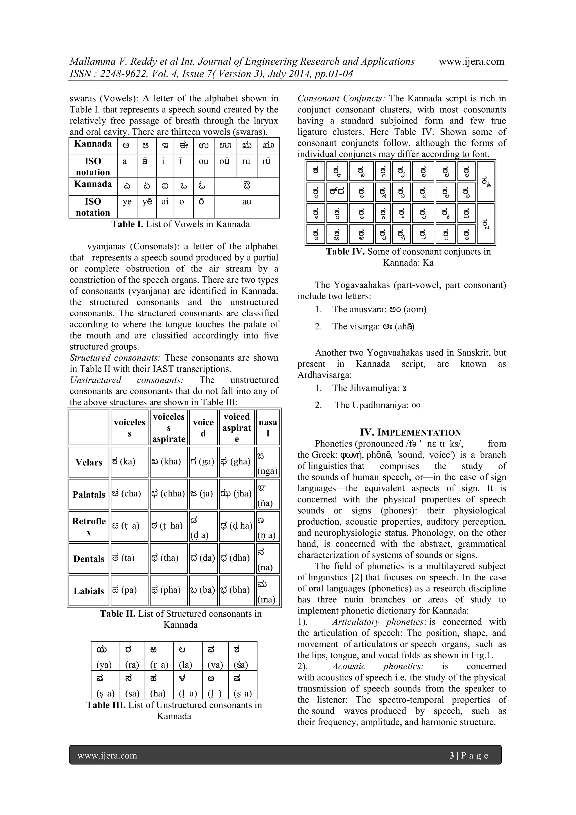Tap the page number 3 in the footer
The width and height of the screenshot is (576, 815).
(x=451, y=755)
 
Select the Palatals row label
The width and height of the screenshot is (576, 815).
(x=89, y=495)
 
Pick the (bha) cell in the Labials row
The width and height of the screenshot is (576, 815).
(x=237, y=590)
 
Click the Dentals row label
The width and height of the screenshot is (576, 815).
(x=89, y=559)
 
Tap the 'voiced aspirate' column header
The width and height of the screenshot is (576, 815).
(x=237, y=427)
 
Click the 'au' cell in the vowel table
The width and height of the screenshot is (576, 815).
(x=247, y=202)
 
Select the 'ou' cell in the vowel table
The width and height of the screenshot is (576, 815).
(x=203, y=161)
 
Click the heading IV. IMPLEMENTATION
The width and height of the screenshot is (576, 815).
(x=410, y=432)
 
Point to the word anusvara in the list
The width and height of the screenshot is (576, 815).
(x=367, y=309)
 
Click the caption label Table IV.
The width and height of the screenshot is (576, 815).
(x=345, y=252)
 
